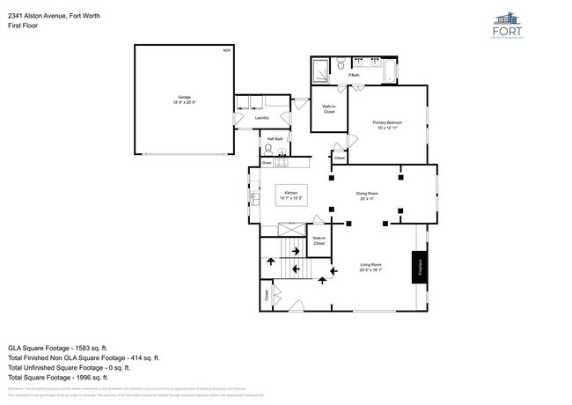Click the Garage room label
[x=184, y=99]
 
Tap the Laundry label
[x=261, y=117]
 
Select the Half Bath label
[x=275, y=138]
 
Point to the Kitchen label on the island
[x=290, y=195]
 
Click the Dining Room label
[x=367, y=195]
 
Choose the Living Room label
[x=370, y=267]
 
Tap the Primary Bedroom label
[x=387, y=124]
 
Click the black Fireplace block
[x=418, y=267]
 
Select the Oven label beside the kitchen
[x=268, y=163]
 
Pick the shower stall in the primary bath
[x=319, y=67]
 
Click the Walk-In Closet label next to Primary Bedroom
[x=329, y=110]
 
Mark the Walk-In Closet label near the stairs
[x=319, y=240]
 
